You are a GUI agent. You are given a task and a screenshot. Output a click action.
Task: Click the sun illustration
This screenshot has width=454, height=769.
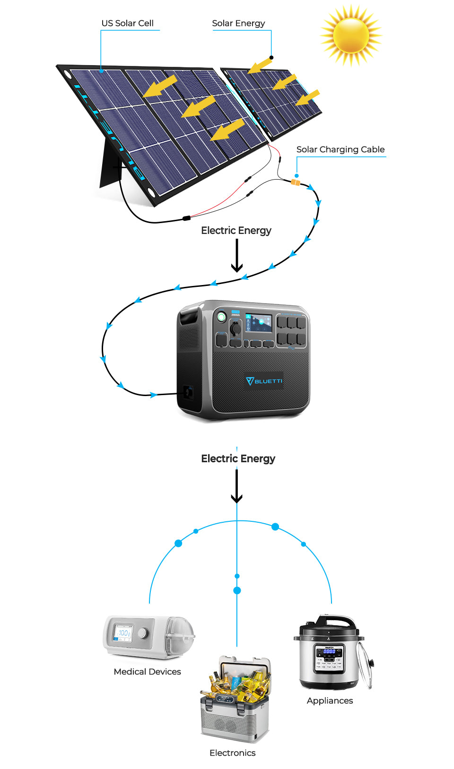[x=351, y=35]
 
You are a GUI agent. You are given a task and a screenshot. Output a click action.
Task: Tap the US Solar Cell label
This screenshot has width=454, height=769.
[x=127, y=23]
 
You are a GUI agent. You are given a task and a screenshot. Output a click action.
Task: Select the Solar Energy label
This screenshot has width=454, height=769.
[x=238, y=23]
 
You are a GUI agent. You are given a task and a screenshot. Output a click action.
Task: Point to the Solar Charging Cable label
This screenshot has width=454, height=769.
[x=340, y=149]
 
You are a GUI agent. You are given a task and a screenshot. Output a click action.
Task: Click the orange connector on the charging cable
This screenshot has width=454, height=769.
[x=296, y=182]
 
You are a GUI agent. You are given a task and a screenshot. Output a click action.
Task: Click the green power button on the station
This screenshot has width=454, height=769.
[x=221, y=316]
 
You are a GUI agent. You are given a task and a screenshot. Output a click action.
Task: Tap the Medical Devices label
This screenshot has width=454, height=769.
[x=147, y=672]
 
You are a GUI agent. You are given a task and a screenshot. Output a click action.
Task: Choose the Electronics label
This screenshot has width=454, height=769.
[x=232, y=753]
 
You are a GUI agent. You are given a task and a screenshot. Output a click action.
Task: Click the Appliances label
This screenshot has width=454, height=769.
[x=330, y=700]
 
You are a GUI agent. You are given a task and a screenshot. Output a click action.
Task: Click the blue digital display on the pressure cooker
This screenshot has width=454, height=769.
[x=329, y=651]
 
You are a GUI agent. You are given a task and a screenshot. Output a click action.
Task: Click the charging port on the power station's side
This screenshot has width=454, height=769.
[x=188, y=392]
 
